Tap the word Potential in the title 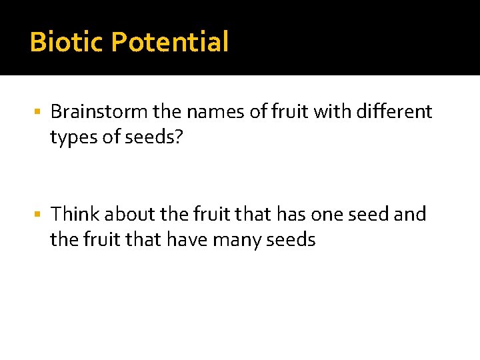[x=170, y=42]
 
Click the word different [x=395, y=111]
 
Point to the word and [x=411, y=214]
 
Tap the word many [x=238, y=239]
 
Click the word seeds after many [x=291, y=239]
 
